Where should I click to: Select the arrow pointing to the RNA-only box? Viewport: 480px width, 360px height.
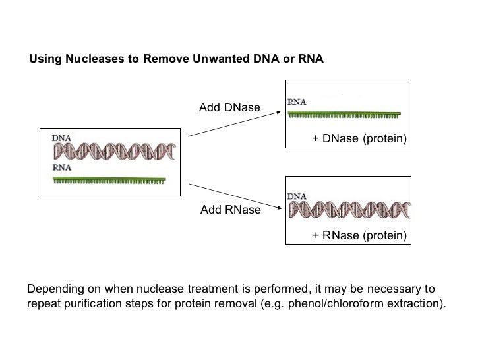pyautogui.click(x=235, y=123)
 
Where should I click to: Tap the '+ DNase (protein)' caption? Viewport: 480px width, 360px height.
pyautogui.click(x=359, y=139)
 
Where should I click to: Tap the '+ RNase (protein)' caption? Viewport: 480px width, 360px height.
pyautogui.click(x=359, y=235)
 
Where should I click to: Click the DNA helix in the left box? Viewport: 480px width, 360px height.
pyautogui.click(x=115, y=152)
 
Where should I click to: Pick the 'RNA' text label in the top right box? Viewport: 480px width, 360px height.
pyautogui.click(x=297, y=102)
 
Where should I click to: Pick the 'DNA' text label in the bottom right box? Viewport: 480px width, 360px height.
pyautogui.click(x=297, y=196)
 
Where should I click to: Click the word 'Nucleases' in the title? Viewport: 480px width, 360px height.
pyautogui.click(x=98, y=59)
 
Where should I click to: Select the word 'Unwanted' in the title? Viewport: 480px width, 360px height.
pyautogui.click(x=218, y=59)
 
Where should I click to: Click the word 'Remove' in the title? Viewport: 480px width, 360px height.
pyautogui.click(x=165, y=59)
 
